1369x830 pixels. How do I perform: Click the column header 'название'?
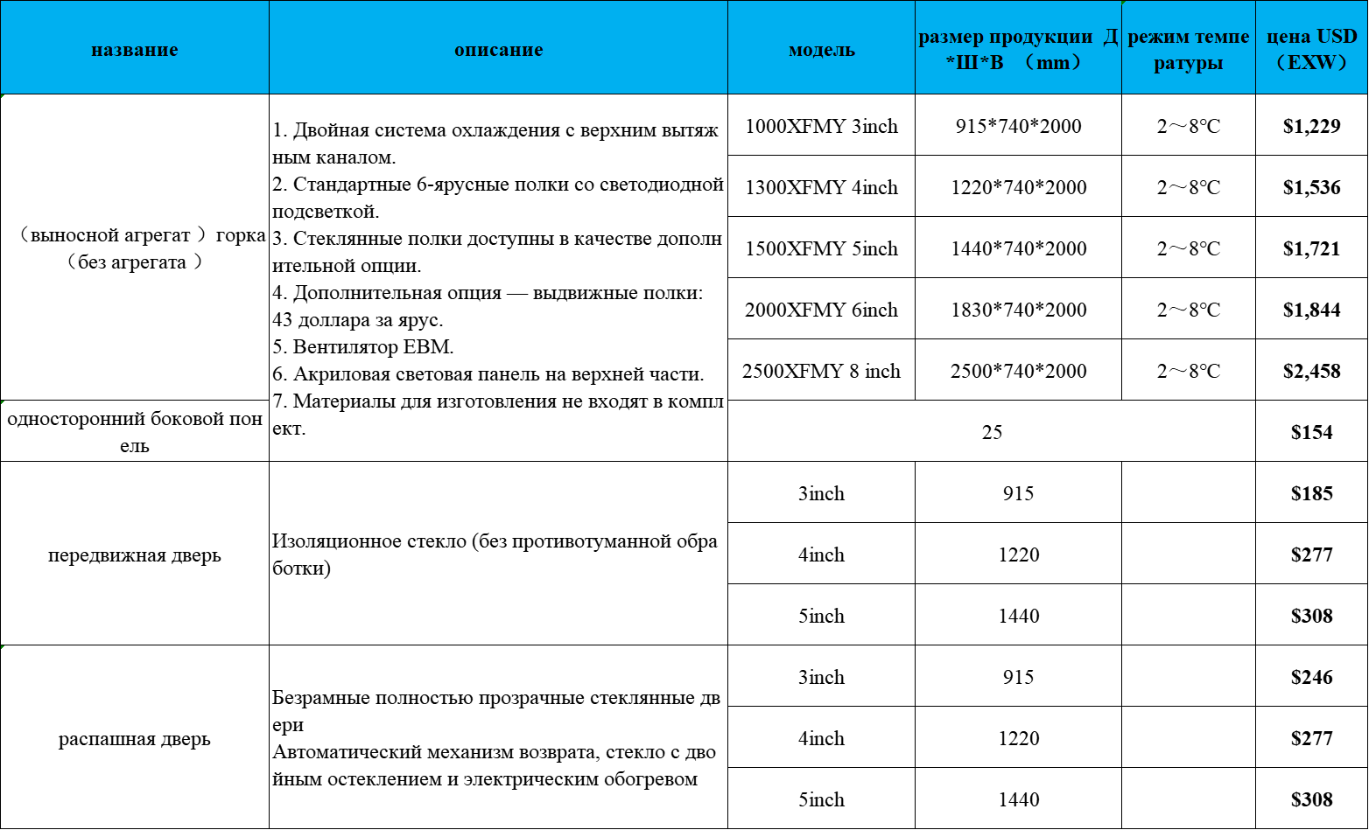click(x=134, y=50)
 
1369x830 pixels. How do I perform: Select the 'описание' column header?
click(x=498, y=50)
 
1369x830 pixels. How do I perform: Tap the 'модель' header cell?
click(x=821, y=50)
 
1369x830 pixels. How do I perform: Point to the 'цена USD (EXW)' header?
click(x=1311, y=49)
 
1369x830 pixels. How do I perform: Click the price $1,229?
click(x=1311, y=126)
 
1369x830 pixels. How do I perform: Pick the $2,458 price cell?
click(x=1311, y=371)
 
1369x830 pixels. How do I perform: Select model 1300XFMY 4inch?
click(x=821, y=187)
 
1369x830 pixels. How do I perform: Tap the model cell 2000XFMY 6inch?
click(x=821, y=310)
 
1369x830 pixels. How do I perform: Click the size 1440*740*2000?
click(x=1018, y=248)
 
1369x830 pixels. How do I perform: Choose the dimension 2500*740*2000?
click(x=1018, y=371)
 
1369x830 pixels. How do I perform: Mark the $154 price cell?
click(x=1311, y=432)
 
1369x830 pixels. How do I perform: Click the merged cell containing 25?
click(x=992, y=432)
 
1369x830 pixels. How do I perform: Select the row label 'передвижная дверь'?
click(x=134, y=555)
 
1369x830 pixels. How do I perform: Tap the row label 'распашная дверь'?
click(x=134, y=739)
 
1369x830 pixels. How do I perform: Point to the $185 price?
click(x=1311, y=493)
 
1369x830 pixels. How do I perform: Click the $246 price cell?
click(x=1311, y=677)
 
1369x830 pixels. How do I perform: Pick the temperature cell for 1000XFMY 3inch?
click(x=1188, y=126)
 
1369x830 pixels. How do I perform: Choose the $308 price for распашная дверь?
click(x=1311, y=799)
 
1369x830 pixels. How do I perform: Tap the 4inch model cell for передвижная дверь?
click(x=821, y=554)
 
